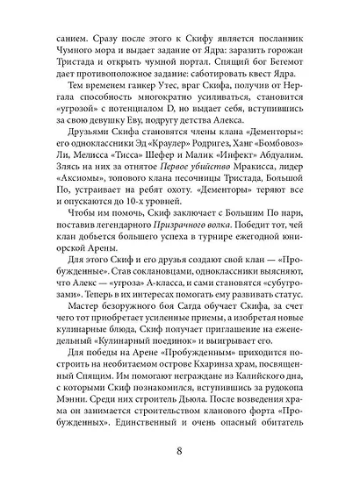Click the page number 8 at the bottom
click(x=179, y=452)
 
